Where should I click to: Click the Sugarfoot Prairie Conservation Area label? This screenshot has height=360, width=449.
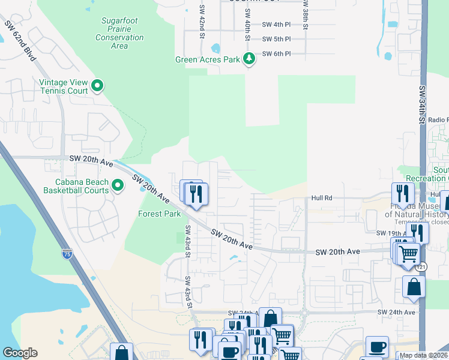[119, 33]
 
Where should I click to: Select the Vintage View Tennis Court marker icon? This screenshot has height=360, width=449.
[97, 86]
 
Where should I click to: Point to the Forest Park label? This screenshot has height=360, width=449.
[159, 214]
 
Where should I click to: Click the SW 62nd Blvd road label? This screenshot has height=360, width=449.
[20, 41]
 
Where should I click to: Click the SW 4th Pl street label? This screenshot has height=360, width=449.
[276, 25]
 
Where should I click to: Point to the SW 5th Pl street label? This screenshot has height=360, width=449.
[276, 39]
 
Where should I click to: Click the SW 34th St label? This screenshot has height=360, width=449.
[422, 106]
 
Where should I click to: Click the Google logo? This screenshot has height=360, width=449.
[20, 353]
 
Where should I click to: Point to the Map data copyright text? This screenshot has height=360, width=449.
[423, 355]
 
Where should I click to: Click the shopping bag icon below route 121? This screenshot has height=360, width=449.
[414, 287]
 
